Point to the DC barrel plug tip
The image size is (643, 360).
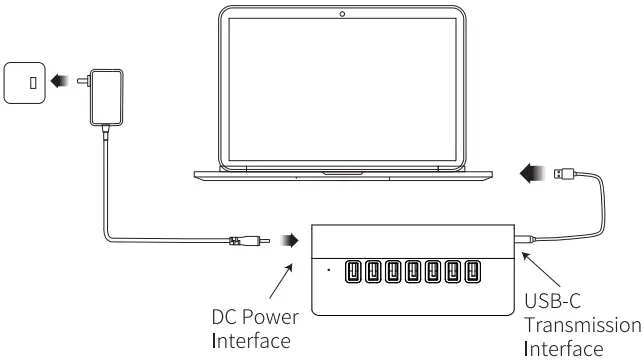pyautogui.click(x=265, y=240)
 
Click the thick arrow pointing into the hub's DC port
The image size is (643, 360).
pyautogui.click(x=291, y=240)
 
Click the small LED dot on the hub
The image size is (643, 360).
pyautogui.click(x=328, y=270)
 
